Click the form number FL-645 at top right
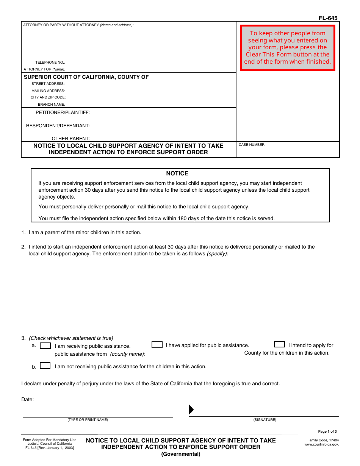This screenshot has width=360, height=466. [x=328, y=18]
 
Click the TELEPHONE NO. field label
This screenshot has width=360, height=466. [x=50, y=63]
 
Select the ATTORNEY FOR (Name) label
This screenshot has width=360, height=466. [x=44, y=69]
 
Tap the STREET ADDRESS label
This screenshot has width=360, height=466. [x=48, y=84]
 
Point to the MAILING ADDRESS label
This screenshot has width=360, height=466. [x=48, y=91]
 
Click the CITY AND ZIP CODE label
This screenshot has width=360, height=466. [x=48, y=97]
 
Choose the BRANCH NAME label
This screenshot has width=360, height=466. [x=51, y=105]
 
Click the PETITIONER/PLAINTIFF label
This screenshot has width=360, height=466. [x=63, y=113]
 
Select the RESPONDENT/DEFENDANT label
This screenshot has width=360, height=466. [x=58, y=126]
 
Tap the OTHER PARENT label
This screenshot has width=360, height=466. [x=71, y=139]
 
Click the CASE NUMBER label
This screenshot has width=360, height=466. [x=252, y=145]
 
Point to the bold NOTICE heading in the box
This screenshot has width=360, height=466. [x=177, y=174]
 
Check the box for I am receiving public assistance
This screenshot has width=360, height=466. [x=45, y=346]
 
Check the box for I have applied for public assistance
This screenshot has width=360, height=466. [x=157, y=345]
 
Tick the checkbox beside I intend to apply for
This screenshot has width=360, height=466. [x=279, y=344]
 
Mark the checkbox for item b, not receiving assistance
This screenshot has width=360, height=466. [x=45, y=366]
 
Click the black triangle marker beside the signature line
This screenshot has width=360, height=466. [x=191, y=410]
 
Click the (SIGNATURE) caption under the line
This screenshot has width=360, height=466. [x=265, y=420]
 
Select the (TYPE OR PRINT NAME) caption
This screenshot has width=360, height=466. [x=88, y=420]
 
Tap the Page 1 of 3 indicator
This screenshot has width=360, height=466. [x=327, y=432]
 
